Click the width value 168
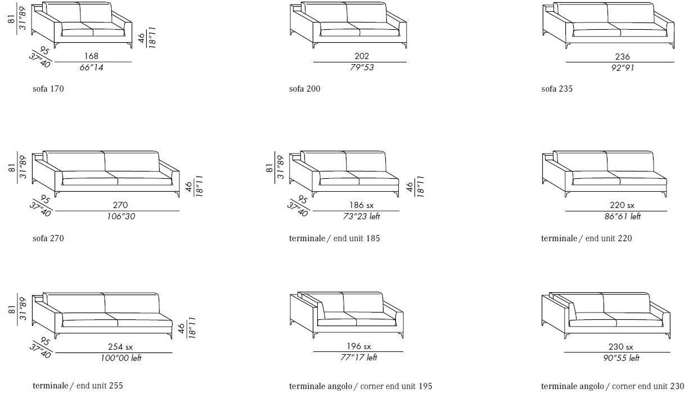pyautogui.click(x=91, y=56)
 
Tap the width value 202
pyautogui.click(x=362, y=56)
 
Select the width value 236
pyautogui.click(x=622, y=57)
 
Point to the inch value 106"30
pyautogui.click(x=121, y=216)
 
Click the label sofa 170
pyautogui.click(x=48, y=89)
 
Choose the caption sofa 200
pyautogui.click(x=304, y=89)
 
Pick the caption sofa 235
pyautogui.click(x=557, y=89)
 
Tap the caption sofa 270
pyautogui.click(x=48, y=238)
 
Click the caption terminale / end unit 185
pyautogui.click(x=334, y=238)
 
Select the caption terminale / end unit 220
pyautogui.click(x=586, y=238)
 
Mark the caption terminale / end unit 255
pyautogui.click(x=78, y=386)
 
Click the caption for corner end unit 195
pyautogui.click(x=361, y=386)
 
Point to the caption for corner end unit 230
pyautogui.click(x=613, y=386)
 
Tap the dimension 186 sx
pyautogui.click(x=361, y=205)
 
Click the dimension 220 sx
pyautogui.click(x=622, y=205)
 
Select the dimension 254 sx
pyautogui.click(x=120, y=347)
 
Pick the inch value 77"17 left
pyautogui.click(x=359, y=358)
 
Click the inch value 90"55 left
pyautogui.click(x=621, y=358)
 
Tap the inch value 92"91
pyautogui.click(x=623, y=67)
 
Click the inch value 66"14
pyautogui.click(x=91, y=67)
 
